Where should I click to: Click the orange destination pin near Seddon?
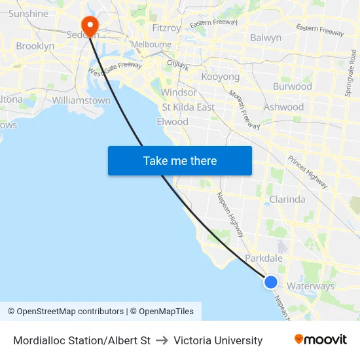click(88, 26)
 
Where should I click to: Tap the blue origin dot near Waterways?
click(271, 282)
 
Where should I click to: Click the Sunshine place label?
click(29, 13)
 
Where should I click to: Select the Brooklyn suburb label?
click(35, 46)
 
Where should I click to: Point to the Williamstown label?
click(81, 100)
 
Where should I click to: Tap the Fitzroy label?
click(166, 28)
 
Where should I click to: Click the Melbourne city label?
click(151, 45)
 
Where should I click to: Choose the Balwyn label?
click(266, 37)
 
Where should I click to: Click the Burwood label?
click(292, 86)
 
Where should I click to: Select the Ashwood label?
click(283, 107)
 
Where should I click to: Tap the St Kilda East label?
click(188, 107)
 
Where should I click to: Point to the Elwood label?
click(172, 122)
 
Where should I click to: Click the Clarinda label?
click(287, 199)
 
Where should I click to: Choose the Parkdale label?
click(264, 258)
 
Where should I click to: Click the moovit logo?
click(320, 340)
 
